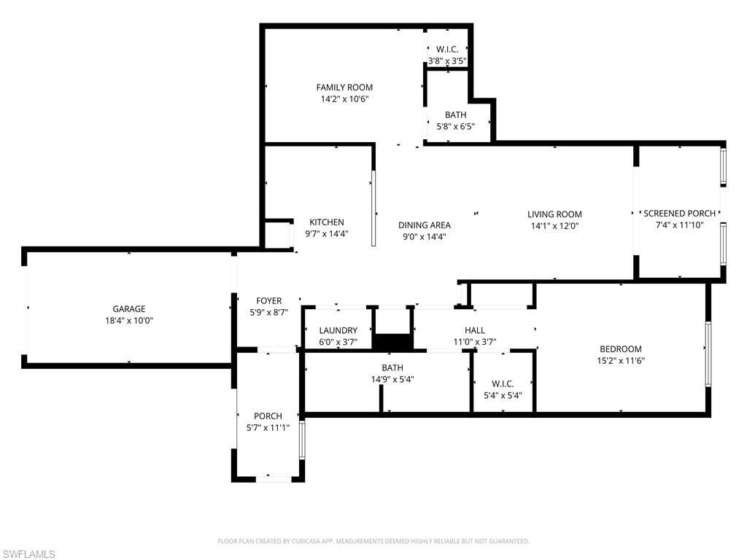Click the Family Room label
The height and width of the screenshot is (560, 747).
(344, 87)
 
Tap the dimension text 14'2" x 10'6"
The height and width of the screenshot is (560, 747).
(344, 99)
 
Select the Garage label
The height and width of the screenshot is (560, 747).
(128, 309)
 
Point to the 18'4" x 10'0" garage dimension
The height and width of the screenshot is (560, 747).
(128, 321)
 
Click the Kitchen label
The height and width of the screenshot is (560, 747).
(326, 222)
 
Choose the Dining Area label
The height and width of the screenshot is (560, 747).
(424, 225)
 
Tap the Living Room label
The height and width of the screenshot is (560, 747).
(554, 214)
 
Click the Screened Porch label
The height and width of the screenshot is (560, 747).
(679, 214)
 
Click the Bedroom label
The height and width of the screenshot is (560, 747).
(621, 349)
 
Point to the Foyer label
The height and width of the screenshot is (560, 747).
(268, 301)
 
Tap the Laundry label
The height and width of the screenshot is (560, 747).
(338, 330)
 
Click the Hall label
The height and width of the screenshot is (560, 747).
(474, 330)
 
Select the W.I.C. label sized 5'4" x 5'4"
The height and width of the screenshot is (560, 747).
(503, 384)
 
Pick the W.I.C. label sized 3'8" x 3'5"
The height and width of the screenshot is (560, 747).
(446, 50)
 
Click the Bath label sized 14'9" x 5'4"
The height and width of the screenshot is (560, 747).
(392, 368)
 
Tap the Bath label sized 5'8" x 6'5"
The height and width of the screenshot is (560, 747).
(455, 115)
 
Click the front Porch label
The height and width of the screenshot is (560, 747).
(268, 416)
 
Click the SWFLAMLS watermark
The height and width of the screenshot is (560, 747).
(28, 555)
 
